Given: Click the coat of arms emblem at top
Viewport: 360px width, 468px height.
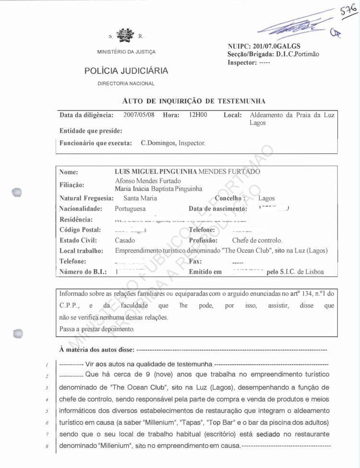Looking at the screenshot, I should pyautogui.click(x=126, y=36).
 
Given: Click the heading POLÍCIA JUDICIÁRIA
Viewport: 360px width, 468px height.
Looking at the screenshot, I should pyautogui.click(x=126, y=71).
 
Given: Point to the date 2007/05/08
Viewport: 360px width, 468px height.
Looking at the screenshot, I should pyautogui.click(x=139, y=115).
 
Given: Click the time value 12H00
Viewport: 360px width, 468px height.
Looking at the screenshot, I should pyautogui.click(x=198, y=115).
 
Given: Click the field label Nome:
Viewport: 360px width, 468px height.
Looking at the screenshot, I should pyautogui.click(x=69, y=172).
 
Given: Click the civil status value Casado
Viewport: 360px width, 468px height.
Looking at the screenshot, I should pyautogui.click(x=125, y=240).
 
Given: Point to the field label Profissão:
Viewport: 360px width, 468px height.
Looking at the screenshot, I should pyautogui.click(x=203, y=240).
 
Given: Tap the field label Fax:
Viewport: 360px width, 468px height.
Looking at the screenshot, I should pyautogui.click(x=195, y=261).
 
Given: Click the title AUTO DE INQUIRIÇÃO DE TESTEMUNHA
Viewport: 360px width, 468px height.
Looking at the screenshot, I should pyautogui.click(x=194, y=101).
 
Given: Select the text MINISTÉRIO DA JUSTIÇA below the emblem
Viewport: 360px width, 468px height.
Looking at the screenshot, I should pyautogui.click(x=126, y=52).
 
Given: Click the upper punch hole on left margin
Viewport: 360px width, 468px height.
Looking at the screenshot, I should pyautogui.click(x=18, y=192).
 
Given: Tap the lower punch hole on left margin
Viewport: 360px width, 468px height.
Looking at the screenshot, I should pyautogui.click(x=18, y=333).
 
